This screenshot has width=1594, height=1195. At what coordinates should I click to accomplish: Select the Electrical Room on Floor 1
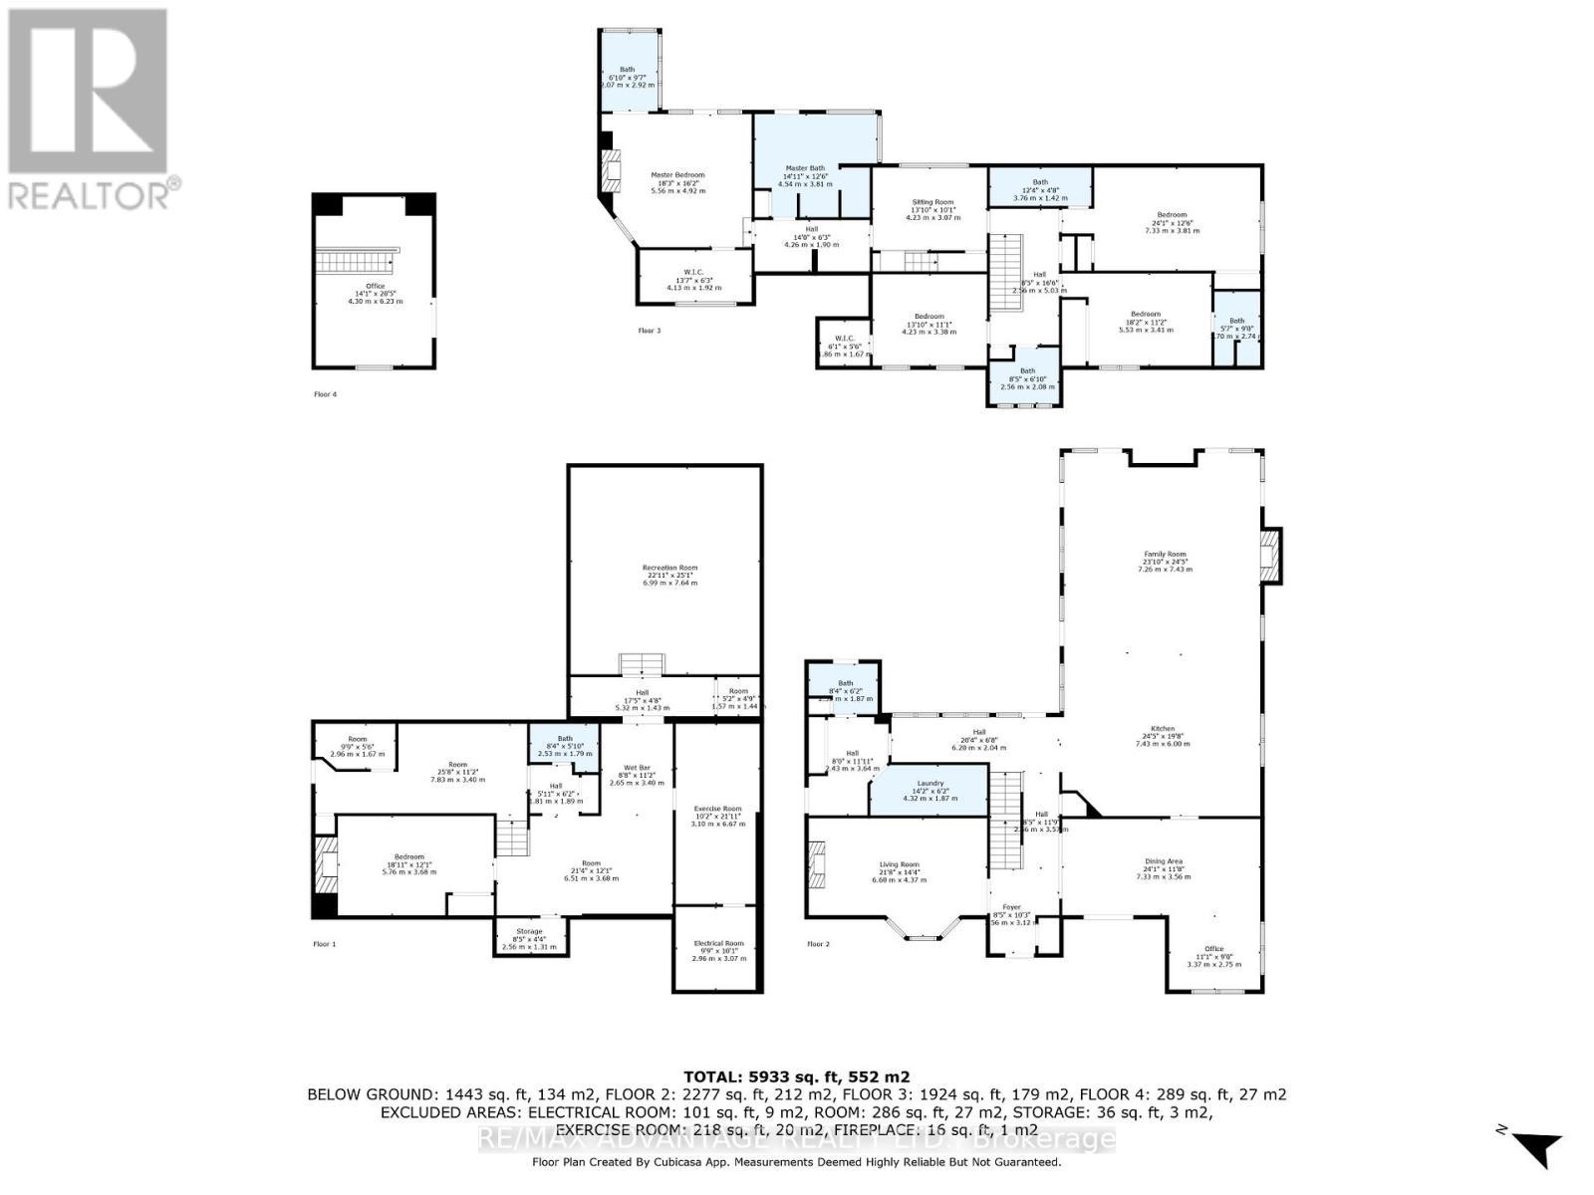pos(718,949)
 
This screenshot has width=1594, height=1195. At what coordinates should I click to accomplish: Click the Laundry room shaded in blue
pos(929,793)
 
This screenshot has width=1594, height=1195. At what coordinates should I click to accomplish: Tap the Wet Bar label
pos(636,775)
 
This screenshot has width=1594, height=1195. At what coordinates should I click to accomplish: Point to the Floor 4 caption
pos(325,394)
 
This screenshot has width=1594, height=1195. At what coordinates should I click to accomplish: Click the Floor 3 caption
pos(649,330)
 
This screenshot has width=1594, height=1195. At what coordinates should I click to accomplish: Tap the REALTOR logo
pos(90,110)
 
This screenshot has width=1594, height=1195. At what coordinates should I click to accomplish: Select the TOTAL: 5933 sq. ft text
pos(797,1076)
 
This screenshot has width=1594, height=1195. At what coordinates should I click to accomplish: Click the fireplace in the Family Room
pos(1272,556)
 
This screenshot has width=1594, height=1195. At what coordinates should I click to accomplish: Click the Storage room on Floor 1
pos(530,936)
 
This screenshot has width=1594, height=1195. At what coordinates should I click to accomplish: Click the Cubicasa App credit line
pos(797,1162)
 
